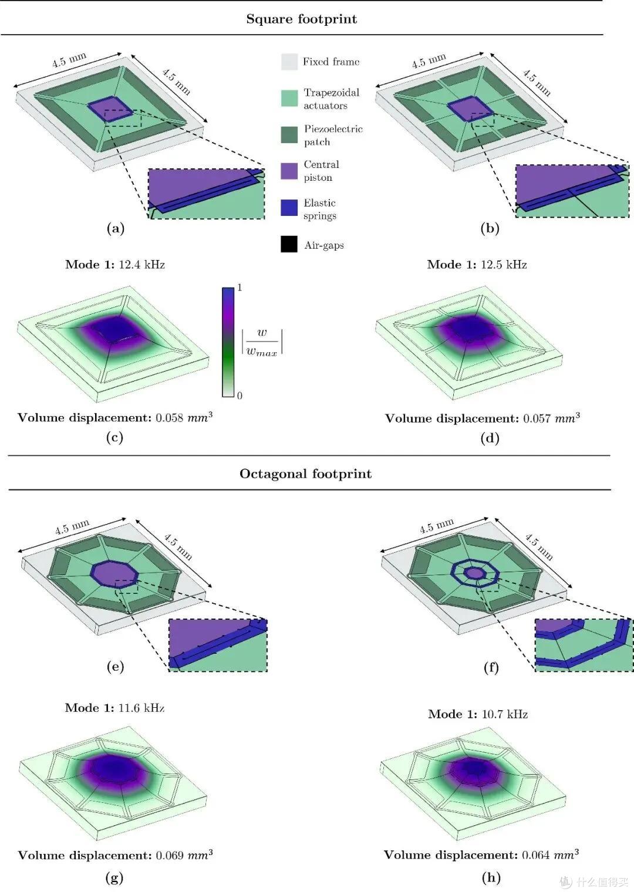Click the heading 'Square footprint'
[301, 19]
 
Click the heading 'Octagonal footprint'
[305, 474]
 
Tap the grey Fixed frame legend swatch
[289, 62]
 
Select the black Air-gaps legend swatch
[289, 244]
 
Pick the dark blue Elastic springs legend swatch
[289, 208]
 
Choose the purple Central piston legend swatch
[289, 171]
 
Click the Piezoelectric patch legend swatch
[289, 134]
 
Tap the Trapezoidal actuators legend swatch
[289, 98]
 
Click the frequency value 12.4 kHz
[142, 265]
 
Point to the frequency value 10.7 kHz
[505, 714]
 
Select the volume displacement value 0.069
[170, 856]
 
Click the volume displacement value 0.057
[537, 418]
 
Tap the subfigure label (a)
[116, 228]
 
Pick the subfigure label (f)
[491, 667]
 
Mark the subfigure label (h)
[491, 889]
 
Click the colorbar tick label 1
[240, 287]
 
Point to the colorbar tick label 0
[240, 396]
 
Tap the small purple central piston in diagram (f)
[474, 573]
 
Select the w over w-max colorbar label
[262, 342]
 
